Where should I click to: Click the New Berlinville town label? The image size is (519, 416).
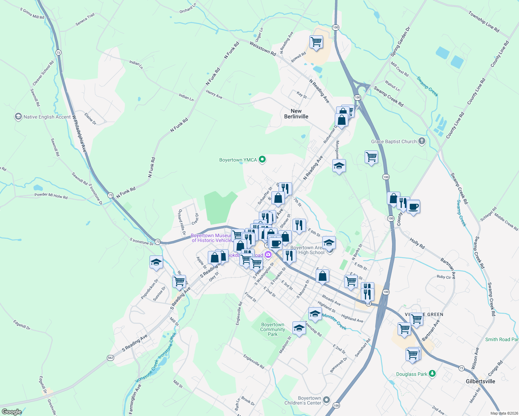coord(296,114)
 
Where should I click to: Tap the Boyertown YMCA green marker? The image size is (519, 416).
coord(263,159)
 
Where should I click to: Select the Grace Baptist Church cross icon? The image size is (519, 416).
coord(422,141)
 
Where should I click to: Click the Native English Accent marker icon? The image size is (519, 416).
coord(18,117)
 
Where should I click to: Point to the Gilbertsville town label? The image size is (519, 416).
coord(480,381)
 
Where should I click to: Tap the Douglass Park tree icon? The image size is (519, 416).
coord(432,374)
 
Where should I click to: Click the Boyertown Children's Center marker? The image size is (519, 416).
coord(326,400)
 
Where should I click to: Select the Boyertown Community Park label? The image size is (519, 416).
coord(273,329)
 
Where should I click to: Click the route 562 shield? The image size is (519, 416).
coord(110,358)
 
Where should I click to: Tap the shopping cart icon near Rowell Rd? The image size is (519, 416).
coord(316,42)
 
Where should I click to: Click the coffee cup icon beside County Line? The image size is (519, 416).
coord(413,207)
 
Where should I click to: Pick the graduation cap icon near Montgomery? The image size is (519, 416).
coord(339,166)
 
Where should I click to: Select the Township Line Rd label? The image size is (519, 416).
coord(484,22)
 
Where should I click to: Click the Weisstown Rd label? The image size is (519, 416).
coord(263,49)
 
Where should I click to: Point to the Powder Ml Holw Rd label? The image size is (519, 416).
coord(51,196)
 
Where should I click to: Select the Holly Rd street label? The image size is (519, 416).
coord(417,244)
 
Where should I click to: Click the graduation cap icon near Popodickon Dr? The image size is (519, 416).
coord(156,262)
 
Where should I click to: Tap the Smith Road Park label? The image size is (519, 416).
coord(502,339)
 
